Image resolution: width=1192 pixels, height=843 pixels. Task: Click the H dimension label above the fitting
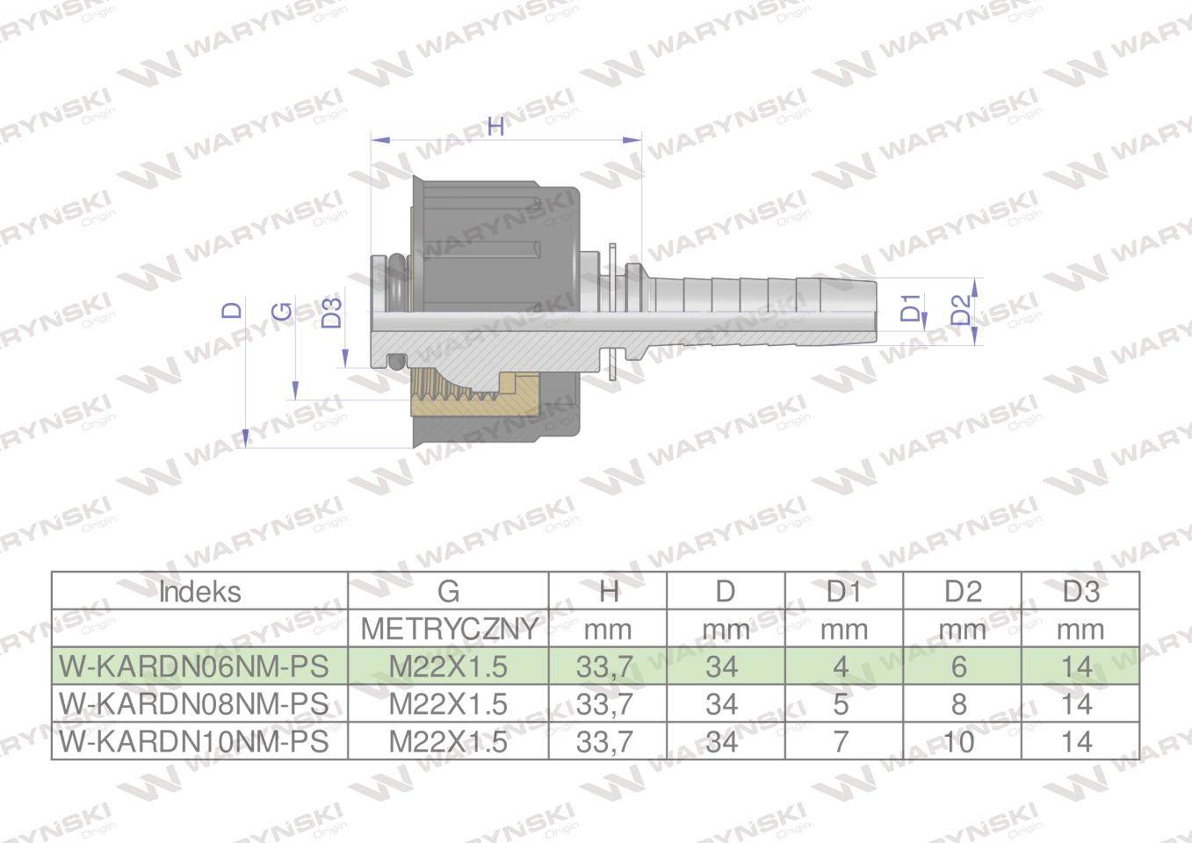tap(496, 126)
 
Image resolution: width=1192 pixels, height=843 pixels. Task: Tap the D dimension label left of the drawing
tap(232, 310)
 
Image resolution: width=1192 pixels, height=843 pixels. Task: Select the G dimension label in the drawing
tap(283, 311)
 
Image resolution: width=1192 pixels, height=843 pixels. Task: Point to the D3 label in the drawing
tap(331, 313)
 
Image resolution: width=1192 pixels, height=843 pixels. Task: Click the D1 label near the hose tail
tap(911, 308)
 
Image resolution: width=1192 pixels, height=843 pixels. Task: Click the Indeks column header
tap(199, 592)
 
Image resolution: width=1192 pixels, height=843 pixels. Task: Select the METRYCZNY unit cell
tap(449, 629)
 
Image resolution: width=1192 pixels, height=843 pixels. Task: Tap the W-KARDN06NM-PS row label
tap(193, 666)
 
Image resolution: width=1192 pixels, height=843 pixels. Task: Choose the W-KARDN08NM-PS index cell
tap(193, 704)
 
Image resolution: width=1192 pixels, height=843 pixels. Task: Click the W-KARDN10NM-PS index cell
tap(193, 742)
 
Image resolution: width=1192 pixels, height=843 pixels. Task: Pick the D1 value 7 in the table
tap(841, 742)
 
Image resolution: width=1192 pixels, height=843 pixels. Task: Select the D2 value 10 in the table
tap(958, 742)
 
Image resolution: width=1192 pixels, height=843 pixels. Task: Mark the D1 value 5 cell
tap(841, 704)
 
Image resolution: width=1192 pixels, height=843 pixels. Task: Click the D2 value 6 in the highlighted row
tap(958, 666)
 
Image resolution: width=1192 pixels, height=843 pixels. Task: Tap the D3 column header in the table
tap(1080, 592)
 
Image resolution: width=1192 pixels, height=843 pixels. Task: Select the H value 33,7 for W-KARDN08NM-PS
tap(605, 704)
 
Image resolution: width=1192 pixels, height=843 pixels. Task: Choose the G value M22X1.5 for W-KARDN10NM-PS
tap(448, 742)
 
